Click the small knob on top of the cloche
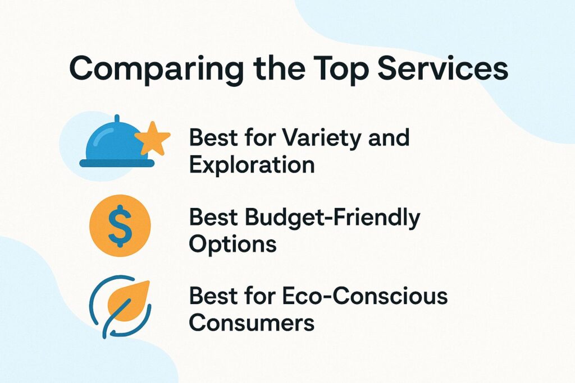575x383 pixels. [x=117, y=118]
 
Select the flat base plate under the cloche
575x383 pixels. [x=117, y=163]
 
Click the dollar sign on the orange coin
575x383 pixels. [x=120, y=225]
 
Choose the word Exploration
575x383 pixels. [x=251, y=165]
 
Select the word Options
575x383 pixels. [x=232, y=244]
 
